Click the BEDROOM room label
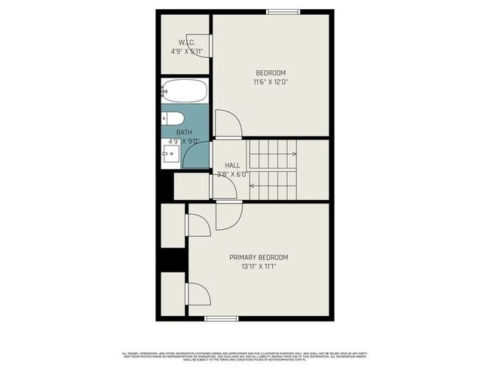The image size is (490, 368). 270,73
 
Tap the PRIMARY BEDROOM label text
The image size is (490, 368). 259,257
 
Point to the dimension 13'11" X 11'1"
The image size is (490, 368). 259,266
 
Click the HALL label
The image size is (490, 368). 232,165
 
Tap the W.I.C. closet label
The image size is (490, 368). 186,42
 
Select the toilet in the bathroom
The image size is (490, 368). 170,118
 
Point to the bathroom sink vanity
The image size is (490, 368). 169,155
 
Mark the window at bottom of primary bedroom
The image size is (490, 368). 222,318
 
